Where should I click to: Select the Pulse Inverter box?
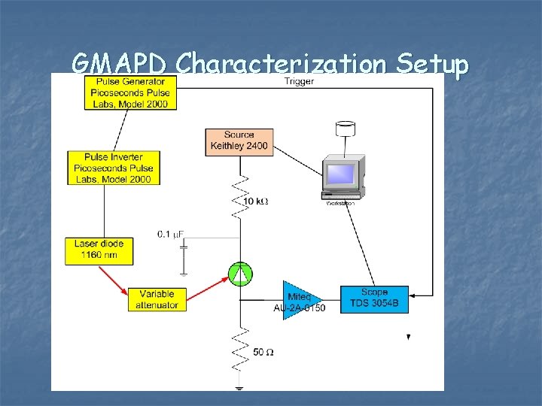[x=113, y=168]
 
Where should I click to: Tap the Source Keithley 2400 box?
[x=239, y=141]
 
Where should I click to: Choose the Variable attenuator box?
[x=157, y=299]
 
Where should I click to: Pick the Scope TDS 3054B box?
[x=374, y=298]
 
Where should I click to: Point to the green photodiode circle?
[x=240, y=275]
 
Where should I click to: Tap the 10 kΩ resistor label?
[x=255, y=201]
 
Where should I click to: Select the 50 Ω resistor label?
[x=263, y=351]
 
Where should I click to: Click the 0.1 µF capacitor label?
[x=171, y=234]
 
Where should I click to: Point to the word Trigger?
[x=299, y=81]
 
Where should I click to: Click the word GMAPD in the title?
[x=119, y=65]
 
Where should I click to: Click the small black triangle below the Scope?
[x=409, y=338]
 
